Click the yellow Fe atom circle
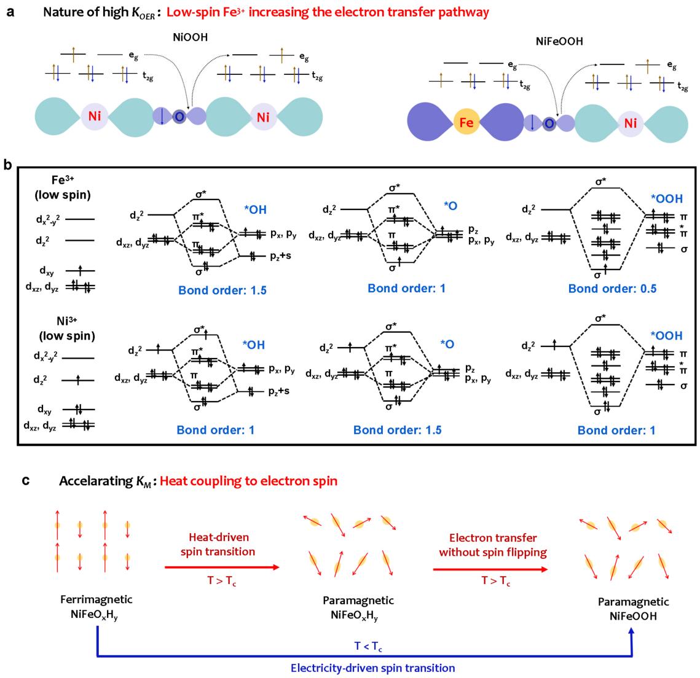tap(465, 123)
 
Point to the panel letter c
tap(26, 481)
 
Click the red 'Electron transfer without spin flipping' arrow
tap(489, 569)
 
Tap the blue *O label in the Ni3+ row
tap(447, 345)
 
